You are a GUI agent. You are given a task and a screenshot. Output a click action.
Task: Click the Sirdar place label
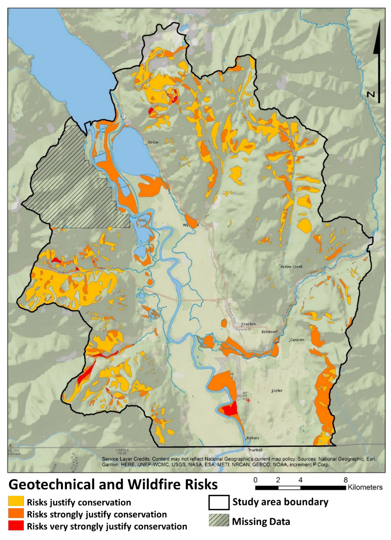153,142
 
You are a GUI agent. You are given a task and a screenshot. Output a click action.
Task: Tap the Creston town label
248,324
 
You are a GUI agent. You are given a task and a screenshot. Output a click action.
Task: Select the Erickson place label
269,331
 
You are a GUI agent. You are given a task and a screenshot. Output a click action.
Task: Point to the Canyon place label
297,339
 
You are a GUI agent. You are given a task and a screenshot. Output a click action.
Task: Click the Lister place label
277,390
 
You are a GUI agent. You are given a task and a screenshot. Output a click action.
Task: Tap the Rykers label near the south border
252,438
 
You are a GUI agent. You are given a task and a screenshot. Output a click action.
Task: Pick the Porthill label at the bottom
255,450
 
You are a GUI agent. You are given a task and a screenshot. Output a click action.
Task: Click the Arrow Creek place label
291,266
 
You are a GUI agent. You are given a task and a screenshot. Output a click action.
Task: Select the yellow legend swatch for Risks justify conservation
16,502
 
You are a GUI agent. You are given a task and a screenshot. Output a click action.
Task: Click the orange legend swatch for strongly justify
16,514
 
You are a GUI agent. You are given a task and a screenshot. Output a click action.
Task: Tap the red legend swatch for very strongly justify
16,526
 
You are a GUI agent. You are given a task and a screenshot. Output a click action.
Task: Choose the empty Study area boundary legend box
219,502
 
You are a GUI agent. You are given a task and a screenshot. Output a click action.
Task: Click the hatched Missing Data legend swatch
219,521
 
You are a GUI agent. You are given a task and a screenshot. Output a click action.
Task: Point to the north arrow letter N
371,94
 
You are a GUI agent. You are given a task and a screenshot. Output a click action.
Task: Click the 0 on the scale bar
256,480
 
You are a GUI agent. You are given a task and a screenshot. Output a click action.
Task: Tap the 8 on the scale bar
345,480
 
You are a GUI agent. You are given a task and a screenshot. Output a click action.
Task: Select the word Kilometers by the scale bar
365,487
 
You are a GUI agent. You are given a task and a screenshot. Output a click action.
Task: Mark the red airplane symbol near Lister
248,400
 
